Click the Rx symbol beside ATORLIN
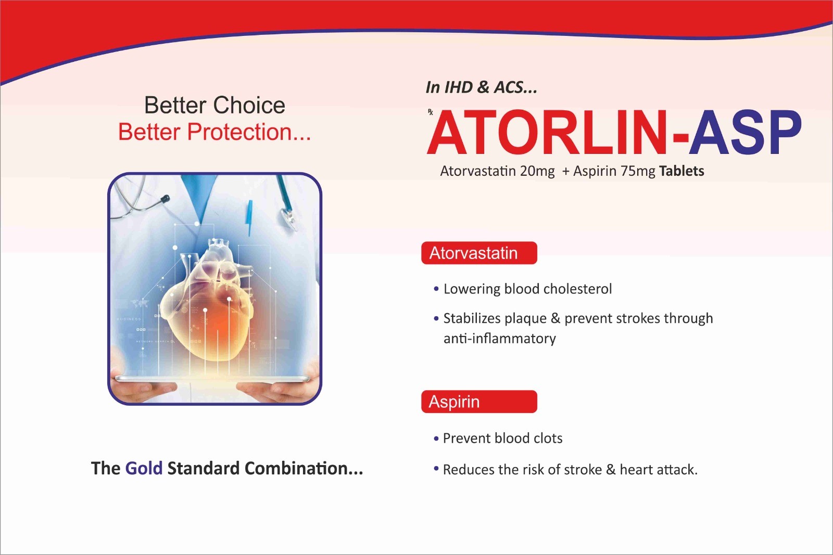pos(430,112)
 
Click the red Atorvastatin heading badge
pos(479,253)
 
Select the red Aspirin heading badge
pos(479,402)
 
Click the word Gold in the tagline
pos(144,468)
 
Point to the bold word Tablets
pos(681,171)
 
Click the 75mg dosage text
pos(638,171)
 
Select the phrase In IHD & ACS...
pos(481,87)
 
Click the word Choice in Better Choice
pos(249,105)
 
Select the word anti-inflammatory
pos(499,339)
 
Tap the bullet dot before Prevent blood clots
pos(436,438)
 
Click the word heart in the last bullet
pos(636,470)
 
